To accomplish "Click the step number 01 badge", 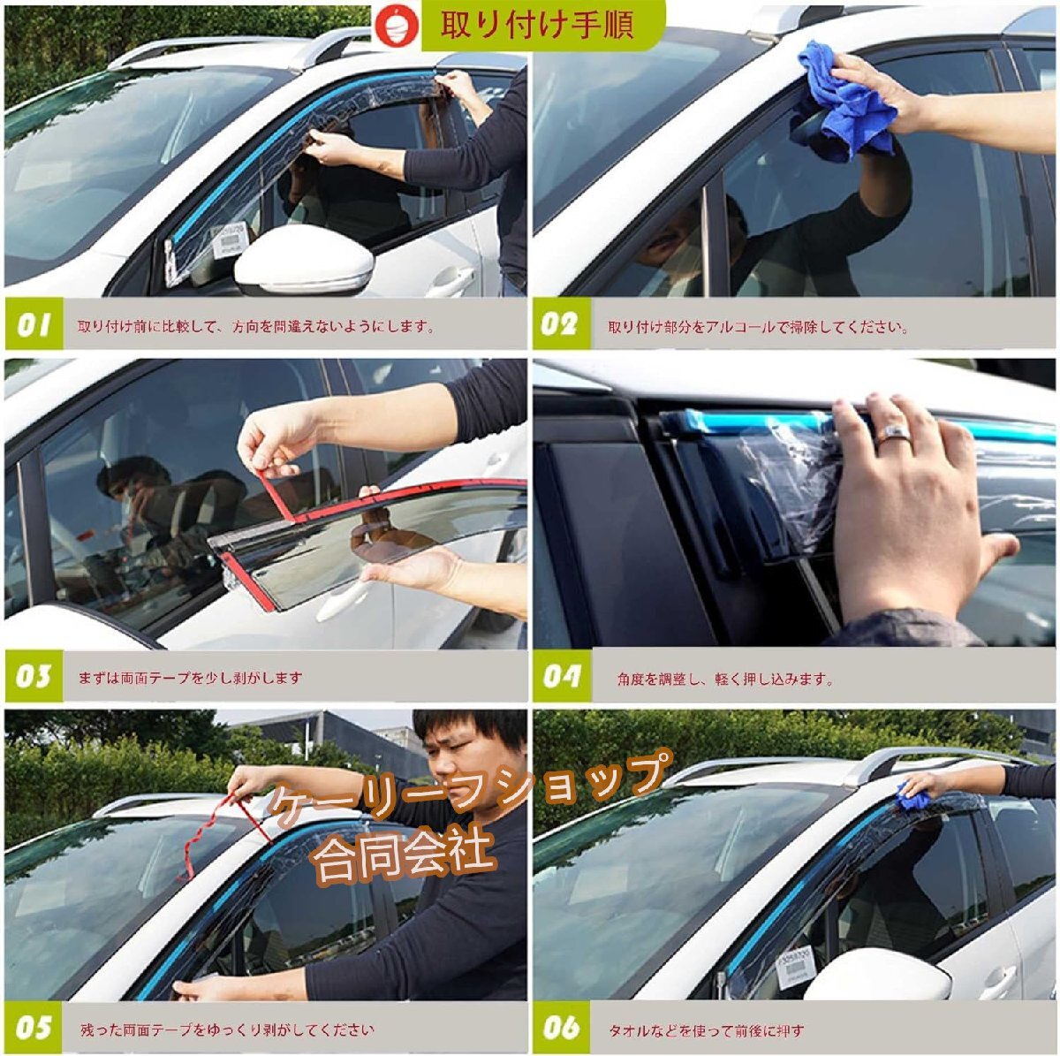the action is (x=34, y=324).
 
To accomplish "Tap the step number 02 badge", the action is (x=561, y=324).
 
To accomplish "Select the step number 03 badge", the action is (x=34, y=676).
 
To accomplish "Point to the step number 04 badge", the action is (x=561, y=676).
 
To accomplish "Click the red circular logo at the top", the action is (x=397, y=27).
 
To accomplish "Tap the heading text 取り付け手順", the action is (x=537, y=25).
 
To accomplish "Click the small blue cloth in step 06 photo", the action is (x=912, y=798).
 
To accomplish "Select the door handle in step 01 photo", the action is (x=451, y=279).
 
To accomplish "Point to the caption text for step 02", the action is (x=757, y=327).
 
